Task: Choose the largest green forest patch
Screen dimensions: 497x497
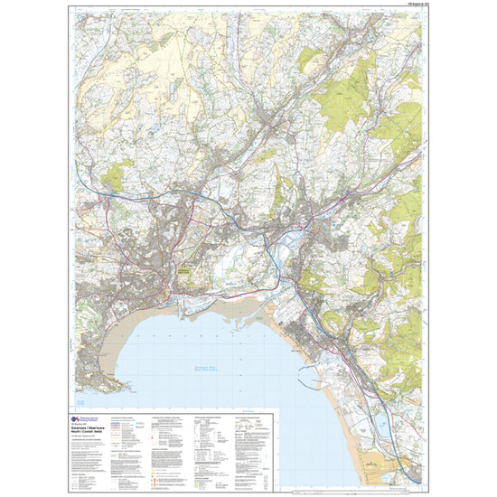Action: pos(357,90)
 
